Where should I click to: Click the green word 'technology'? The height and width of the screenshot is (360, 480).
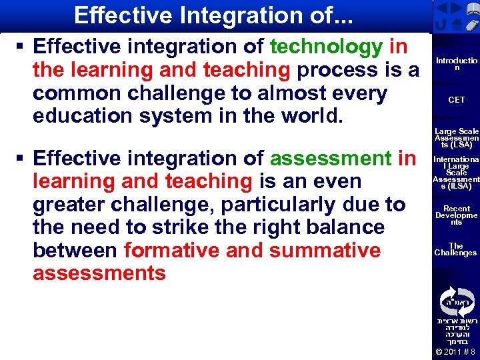pos(326,47)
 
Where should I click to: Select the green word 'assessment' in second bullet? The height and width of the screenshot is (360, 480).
pos(330,158)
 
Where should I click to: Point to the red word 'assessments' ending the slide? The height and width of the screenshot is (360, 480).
pos(99,273)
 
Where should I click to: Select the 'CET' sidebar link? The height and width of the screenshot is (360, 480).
pos(456,100)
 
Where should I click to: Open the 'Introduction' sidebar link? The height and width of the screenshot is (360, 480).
pos(456,64)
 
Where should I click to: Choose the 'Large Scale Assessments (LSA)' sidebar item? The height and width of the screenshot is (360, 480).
pos(456,137)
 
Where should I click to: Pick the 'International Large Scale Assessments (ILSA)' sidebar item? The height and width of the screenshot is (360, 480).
pos(456,173)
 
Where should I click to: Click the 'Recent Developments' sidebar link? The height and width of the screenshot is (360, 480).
pos(456,215)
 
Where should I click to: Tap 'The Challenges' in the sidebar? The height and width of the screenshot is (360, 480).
pos(456,249)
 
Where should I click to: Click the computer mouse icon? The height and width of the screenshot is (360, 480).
pos(471,26)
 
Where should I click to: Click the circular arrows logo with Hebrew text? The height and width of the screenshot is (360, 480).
pos(456,301)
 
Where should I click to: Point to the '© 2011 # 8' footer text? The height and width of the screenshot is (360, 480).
pos(456,352)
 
